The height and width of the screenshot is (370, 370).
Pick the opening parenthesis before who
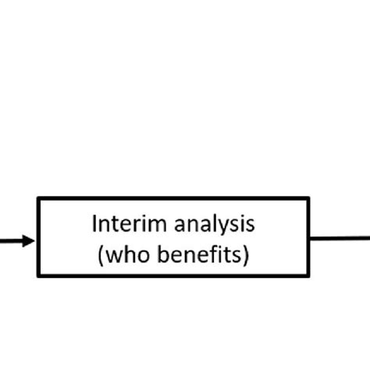[101, 256]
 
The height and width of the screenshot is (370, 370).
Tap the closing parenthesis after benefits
[246, 256]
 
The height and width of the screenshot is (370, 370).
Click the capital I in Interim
[95, 225]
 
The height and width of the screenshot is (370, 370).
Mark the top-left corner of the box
[38, 197]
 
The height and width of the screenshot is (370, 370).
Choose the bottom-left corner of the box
[38, 276]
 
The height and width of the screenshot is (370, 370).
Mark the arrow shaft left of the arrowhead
[9, 241]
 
